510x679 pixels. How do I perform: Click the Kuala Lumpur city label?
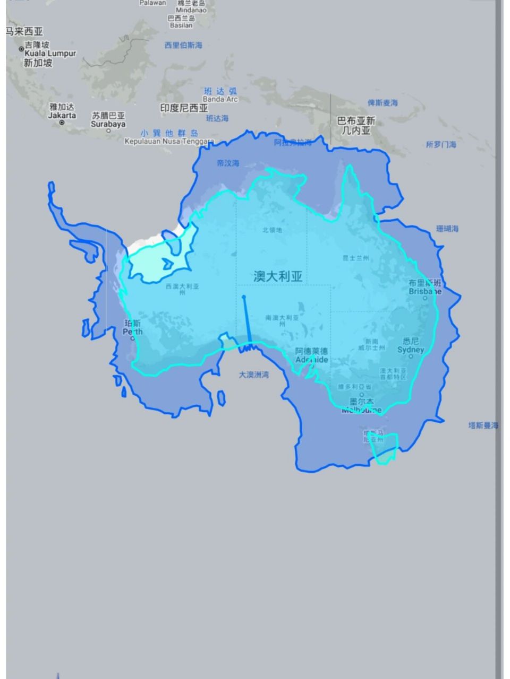pyautogui.click(x=50, y=54)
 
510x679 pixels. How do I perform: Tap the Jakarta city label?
pyautogui.click(x=62, y=115)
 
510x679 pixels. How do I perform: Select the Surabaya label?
pyautogui.click(x=108, y=124)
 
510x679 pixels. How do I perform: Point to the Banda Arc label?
pyautogui.click(x=220, y=99)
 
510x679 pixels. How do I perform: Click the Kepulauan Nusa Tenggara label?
pyautogui.click(x=169, y=142)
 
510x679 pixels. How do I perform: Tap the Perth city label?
pyautogui.click(x=133, y=332)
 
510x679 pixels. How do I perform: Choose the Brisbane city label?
pyautogui.click(x=425, y=291)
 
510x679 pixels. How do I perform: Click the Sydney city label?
pyautogui.click(x=411, y=350)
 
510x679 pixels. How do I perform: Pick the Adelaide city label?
pyautogui.click(x=312, y=359)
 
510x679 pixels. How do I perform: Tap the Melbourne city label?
pyautogui.click(x=361, y=410)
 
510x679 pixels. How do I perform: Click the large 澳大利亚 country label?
pyautogui.click(x=278, y=276)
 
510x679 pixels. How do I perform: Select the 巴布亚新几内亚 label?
pyautogui.click(x=356, y=125)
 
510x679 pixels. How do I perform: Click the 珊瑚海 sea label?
pyautogui.click(x=447, y=229)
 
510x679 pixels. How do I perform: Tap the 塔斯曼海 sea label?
pyautogui.click(x=483, y=425)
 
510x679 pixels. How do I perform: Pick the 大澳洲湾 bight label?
pyautogui.click(x=253, y=375)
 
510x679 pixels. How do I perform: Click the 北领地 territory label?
pyautogui.click(x=272, y=230)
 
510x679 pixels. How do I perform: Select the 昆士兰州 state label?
pyautogui.click(x=356, y=258)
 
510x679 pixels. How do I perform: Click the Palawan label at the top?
pyautogui.click(x=152, y=3)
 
